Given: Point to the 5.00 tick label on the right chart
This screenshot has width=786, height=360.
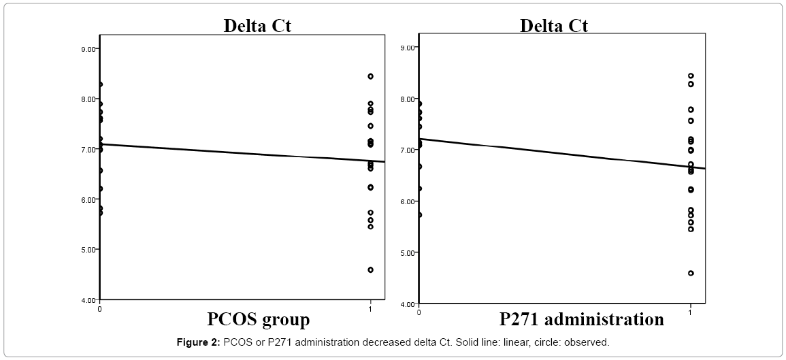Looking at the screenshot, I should pos(408,252).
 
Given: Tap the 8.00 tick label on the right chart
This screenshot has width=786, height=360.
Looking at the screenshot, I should pos(408,99).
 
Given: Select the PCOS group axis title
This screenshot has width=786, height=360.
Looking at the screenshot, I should pos(258,319).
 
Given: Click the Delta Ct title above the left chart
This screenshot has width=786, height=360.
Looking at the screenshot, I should pos(258,26).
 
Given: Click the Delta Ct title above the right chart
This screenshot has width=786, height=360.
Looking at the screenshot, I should pos(554,26).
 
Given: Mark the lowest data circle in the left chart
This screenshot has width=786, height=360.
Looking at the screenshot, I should pos(370,269).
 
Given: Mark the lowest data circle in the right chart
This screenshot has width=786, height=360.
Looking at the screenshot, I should pos(691,273).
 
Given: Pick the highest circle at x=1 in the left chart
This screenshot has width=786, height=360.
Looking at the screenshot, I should pos(370,76).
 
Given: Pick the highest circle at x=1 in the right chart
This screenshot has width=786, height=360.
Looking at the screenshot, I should pos(691,76).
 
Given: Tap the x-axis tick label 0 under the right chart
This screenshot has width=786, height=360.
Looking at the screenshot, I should pos(419,311).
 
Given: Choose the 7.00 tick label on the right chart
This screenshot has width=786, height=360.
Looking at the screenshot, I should pos(408,150).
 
